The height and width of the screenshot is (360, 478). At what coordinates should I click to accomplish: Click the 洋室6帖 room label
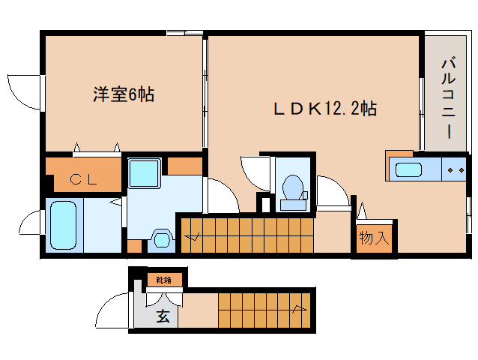click(124, 94)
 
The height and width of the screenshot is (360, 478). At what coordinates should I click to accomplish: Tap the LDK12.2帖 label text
click(324, 109)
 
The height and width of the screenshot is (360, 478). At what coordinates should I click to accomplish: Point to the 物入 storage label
click(373, 239)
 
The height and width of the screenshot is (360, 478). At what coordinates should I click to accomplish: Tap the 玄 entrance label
click(163, 316)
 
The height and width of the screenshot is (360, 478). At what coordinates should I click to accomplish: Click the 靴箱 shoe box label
click(163, 280)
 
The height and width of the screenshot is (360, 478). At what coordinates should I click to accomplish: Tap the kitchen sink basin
click(411, 169)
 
